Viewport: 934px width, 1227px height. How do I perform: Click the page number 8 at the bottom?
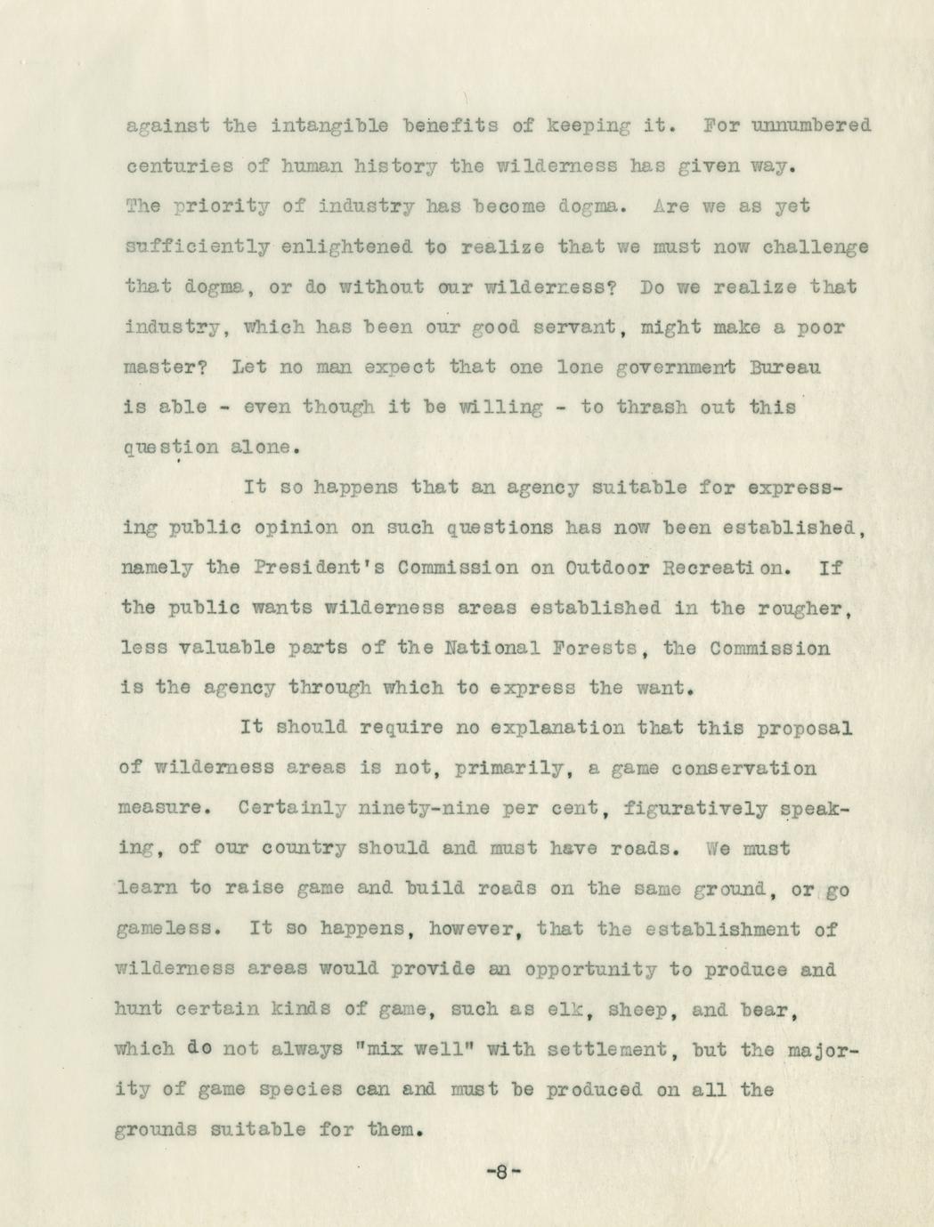coord(502,1172)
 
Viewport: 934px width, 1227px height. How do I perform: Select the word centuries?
coord(181,165)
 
